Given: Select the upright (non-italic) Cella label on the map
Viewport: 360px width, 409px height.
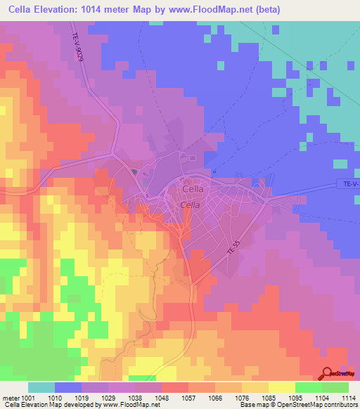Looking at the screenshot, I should [x=193, y=188].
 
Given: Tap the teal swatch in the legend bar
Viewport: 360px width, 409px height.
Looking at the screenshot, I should [x=41, y=387].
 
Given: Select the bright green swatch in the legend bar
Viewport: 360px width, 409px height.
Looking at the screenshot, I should [x=308, y=387].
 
